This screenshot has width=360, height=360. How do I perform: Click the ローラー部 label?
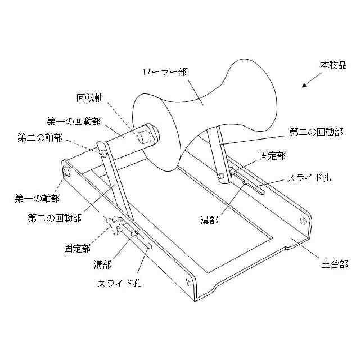click(164, 71)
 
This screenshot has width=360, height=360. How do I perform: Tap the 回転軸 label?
click(90, 97)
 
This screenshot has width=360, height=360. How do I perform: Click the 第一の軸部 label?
click(37, 198)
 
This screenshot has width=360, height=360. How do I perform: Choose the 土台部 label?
click(327, 262)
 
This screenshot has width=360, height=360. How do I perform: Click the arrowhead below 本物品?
click(304, 85)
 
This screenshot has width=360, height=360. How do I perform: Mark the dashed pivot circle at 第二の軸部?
click(103, 152)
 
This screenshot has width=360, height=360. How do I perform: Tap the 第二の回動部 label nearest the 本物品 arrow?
click(316, 133)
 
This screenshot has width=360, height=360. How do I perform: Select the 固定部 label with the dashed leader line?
click(77, 247)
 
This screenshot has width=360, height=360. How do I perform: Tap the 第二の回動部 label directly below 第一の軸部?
click(54, 216)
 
